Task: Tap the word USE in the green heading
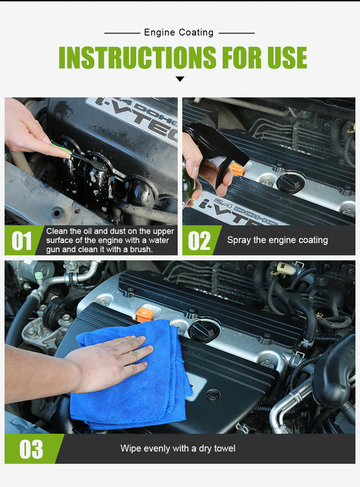287,57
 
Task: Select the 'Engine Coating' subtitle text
179,32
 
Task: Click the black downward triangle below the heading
180,79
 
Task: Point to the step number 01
21,240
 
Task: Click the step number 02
199,240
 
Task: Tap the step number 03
31,449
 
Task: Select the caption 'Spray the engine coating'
277,240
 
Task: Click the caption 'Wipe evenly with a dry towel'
178,448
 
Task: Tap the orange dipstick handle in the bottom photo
144,315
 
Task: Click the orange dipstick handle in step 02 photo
237,169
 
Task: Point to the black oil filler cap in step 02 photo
290,183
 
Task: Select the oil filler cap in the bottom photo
203,331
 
